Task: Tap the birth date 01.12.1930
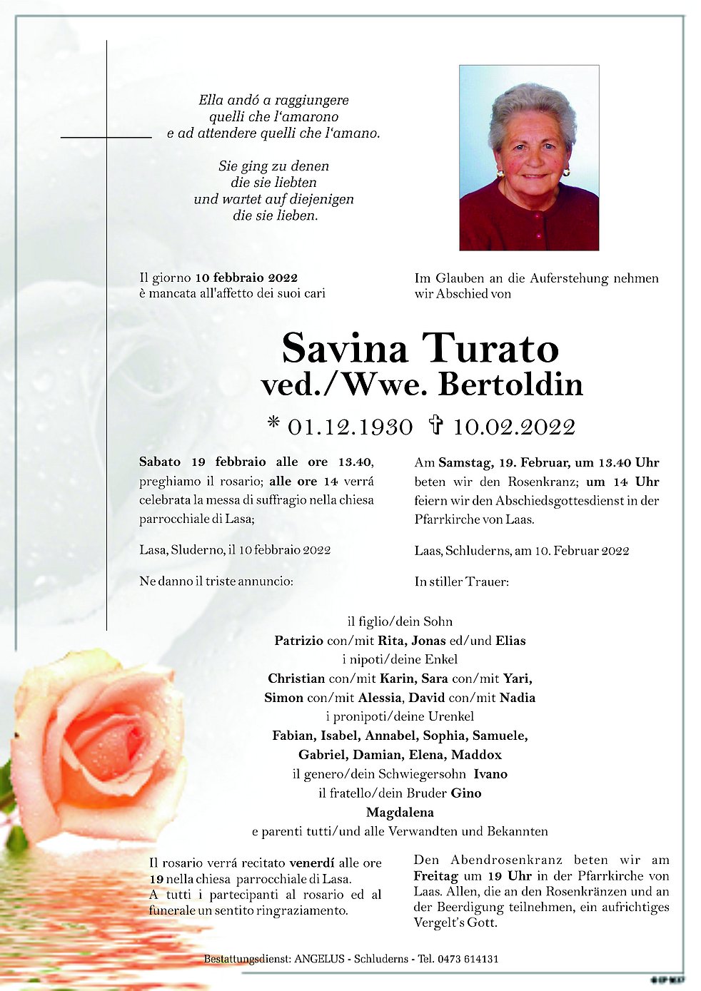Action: pyautogui.click(x=350, y=427)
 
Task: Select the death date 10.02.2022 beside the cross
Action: pyautogui.click(x=514, y=427)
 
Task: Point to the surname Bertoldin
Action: pyautogui.click(x=510, y=385)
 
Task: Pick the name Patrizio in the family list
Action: pyautogui.click(x=298, y=641)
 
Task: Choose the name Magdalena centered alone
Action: pyautogui.click(x=400, y=812)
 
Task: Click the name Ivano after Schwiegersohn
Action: pyautogui.click(x=490, y=774)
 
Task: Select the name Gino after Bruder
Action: pyautogui.click(x=466, y=793)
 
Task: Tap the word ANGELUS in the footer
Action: pyautogui.click(x=319, y=959)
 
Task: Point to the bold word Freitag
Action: pyautogui.click(x=435, y=875)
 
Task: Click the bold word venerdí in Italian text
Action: pyautogui.click(x=312, y=863)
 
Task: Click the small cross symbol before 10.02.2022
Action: pyautogui.click(x=435, y=426)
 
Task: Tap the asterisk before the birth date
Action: pyautogui.click(x=273, y=424)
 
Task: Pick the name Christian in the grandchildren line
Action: pyautogui.click(x=296, y=679)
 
